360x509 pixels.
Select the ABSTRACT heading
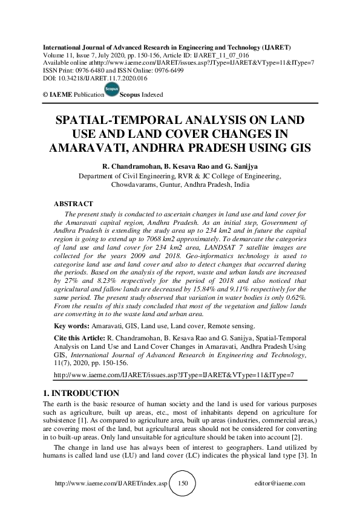coord(73,204)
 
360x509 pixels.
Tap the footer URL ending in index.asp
coord(110,484)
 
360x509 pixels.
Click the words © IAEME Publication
coord(70,95)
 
